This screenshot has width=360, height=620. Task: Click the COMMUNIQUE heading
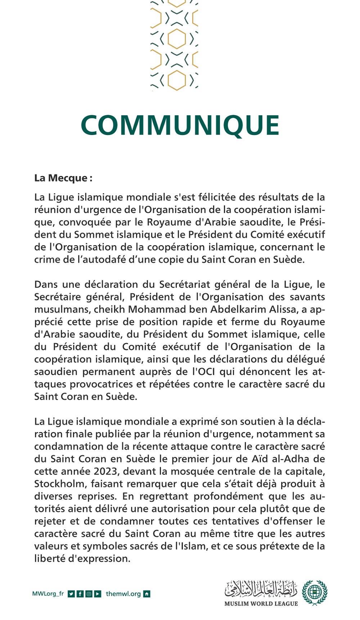(x=180, y=125)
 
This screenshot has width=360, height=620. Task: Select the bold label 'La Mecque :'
(x=63, y=178)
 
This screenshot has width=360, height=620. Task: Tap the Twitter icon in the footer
(x=71, y=594)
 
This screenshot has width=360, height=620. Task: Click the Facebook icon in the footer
(x=80, y=594)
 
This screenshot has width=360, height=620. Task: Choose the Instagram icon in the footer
(x=89, y=594)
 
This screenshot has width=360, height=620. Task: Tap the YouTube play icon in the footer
(x=98, y=594)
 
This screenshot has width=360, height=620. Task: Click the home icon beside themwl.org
(x=147, y=594)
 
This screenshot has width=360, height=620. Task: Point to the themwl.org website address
(x=123, y=594)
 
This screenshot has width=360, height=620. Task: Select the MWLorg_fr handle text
(x=48, y=594)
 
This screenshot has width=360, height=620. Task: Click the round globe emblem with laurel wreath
(x=315, y=592)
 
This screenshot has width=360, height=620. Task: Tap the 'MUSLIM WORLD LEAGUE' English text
(x=261, y=604)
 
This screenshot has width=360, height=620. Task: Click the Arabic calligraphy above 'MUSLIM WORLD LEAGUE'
(x=261, y=588)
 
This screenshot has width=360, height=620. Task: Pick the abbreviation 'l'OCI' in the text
(x=203, y=372)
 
